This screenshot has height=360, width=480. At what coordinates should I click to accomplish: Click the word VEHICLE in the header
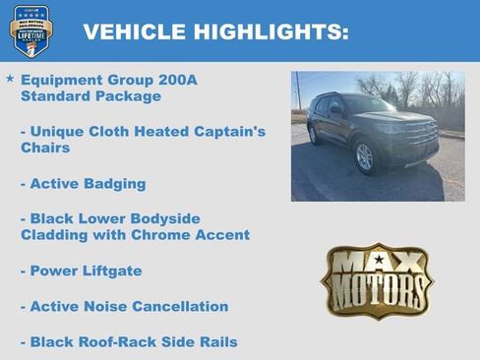click(129, 31)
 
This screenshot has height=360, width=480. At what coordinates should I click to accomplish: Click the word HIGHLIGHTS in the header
click(263, 31)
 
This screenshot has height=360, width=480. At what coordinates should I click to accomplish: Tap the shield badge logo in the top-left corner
click(30, 30)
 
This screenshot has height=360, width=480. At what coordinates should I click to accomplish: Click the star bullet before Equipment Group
click(10, 78)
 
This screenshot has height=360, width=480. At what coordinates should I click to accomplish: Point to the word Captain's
click(223, 132)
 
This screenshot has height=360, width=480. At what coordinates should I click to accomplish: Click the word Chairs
click(44, 149)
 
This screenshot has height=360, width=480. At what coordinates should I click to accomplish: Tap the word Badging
click(112, 184)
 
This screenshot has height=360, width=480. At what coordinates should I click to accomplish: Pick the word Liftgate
click(109, 270)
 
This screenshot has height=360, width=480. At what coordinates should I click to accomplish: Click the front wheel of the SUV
click(364, 155)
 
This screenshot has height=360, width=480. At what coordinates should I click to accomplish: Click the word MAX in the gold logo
click(378, 263)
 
